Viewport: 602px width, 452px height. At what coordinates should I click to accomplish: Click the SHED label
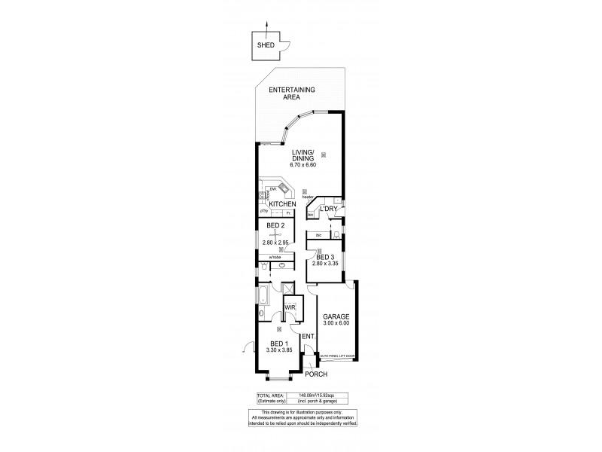point(265,44)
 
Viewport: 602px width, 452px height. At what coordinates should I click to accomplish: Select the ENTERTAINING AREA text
point(296,93)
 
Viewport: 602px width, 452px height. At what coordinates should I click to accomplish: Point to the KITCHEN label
point(282,205)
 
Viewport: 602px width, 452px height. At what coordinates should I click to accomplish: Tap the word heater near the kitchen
point(308,197)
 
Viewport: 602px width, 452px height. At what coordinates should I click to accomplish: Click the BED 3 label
point(326,257)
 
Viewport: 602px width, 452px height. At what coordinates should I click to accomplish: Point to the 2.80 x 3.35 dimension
point(326,263)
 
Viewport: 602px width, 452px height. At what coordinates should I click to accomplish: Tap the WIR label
point(289,307)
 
